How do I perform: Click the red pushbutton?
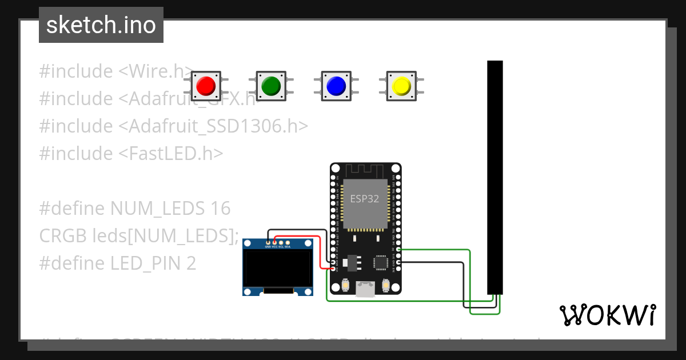pos(205,86)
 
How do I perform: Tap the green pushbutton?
pos(270,86)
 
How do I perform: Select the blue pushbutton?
pos(336,86)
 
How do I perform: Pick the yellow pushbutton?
pos(401,86)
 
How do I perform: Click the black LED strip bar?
pos(494,177)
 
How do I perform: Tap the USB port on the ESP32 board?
pos(365,289)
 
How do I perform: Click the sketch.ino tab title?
pos(101,25)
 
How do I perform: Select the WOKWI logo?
pos(607,315)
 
